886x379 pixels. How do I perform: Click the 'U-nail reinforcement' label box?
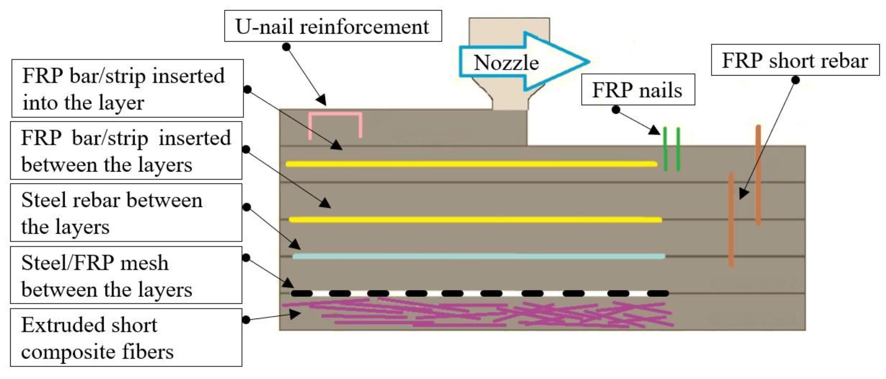pyautogui.click(x=332, y=26)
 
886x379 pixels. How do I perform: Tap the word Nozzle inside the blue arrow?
pyautogui.click(x=506, y=63)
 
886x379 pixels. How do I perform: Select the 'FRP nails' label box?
pyautogui.click(x=637, y=90)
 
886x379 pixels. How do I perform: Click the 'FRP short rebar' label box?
pyautogui.click(x=795, y=60)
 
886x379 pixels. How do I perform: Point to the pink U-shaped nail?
pyautogui.click(x=335, y=113)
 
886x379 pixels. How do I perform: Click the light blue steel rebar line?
pyautogui.click(x=478, y=256)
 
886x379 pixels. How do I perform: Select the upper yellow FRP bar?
pyautogui.click(x=471, y=164)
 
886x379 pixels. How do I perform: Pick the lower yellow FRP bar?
pyautogui.click(x=475, y=220)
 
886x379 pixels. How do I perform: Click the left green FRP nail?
pyautogui.click(x=665, y=149)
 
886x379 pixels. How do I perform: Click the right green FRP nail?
pyautogui.click(x=678, y=149)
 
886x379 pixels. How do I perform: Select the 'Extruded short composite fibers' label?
pyautogui.click(x=126, y=337)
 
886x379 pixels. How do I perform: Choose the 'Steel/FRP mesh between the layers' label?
pyautogui.click(x=126, y=275)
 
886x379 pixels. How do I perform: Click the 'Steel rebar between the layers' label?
pyautogui.click(x=126, y=213)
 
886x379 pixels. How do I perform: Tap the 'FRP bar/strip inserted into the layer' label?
pyautogui.click(x=127, y=88)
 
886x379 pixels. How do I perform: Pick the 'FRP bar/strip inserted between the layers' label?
pyautogui.click(x=126, y=150)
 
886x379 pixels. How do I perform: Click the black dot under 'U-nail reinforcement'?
pyautogui.click(x=286, y=47)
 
